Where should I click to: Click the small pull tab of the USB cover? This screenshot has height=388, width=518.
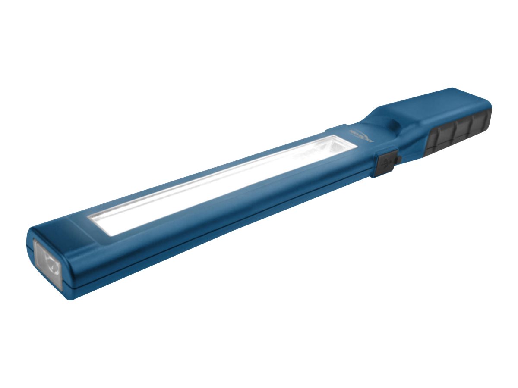(398, 160)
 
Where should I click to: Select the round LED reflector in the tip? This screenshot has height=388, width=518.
(51, 265)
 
